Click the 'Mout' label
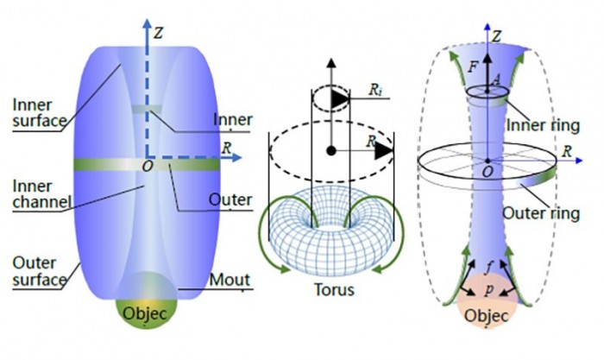click(x=228, y=279)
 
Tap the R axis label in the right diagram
click(x=569, y=150)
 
